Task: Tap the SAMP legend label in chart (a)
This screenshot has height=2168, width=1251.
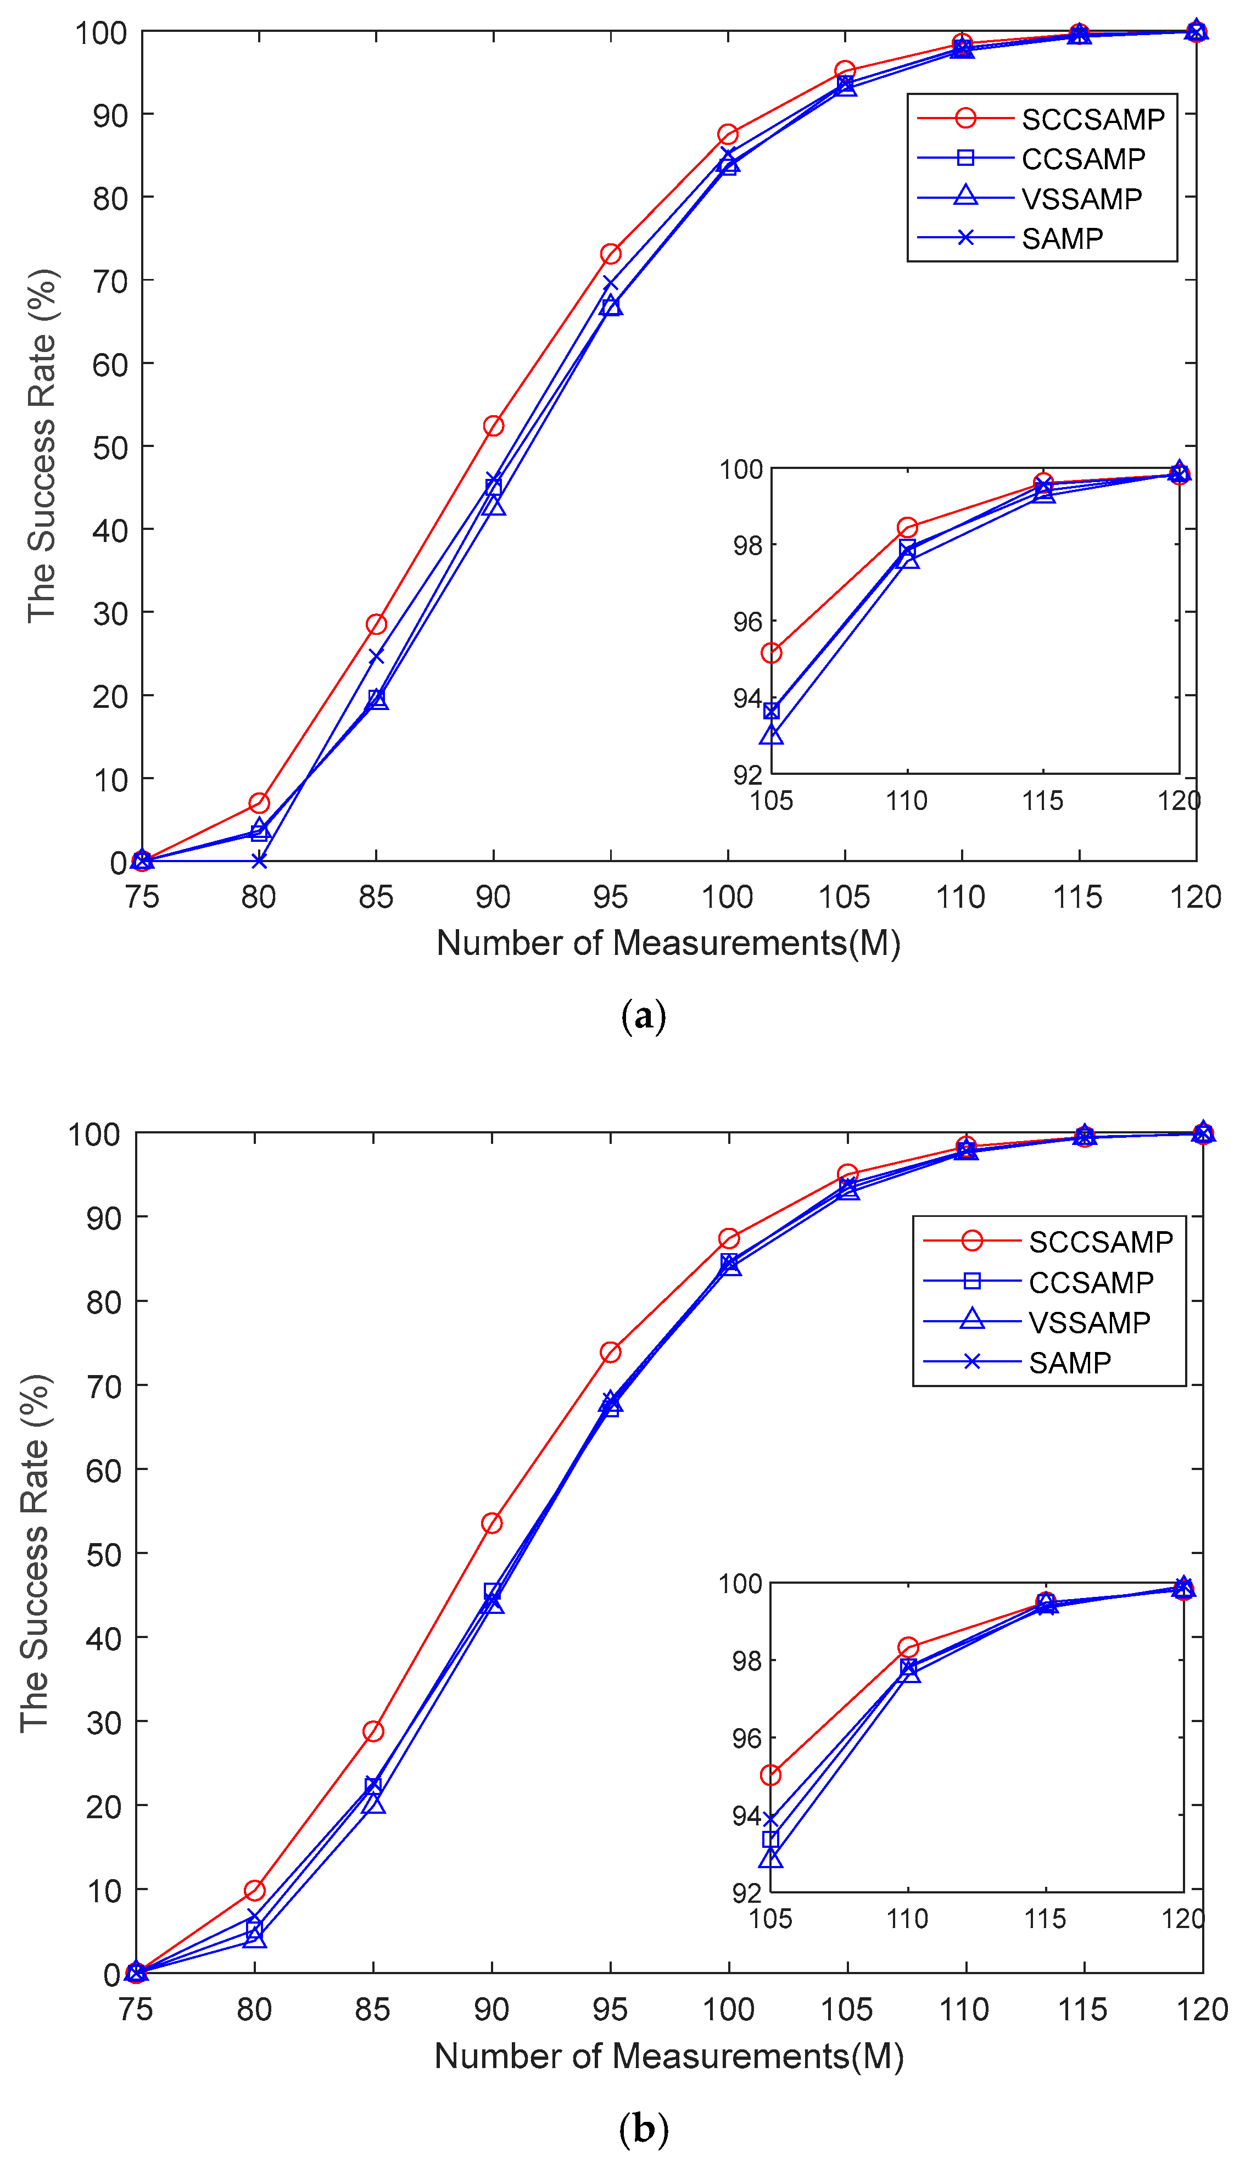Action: [x=1062, y=238]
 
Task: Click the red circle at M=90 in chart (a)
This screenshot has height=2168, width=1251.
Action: [x=493, y=426]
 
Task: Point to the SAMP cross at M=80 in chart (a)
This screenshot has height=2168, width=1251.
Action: [x=259, y=861]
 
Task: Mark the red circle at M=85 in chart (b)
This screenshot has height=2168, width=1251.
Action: [x=373, y=1731]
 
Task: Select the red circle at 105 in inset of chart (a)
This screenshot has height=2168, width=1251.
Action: [x=772, y=653]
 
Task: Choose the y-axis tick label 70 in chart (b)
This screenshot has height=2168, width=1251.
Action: [x=103, y=1385]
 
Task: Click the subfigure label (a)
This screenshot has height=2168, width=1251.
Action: [x=643, y=1015]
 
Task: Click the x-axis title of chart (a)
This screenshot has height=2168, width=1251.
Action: [x=668, y=943]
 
